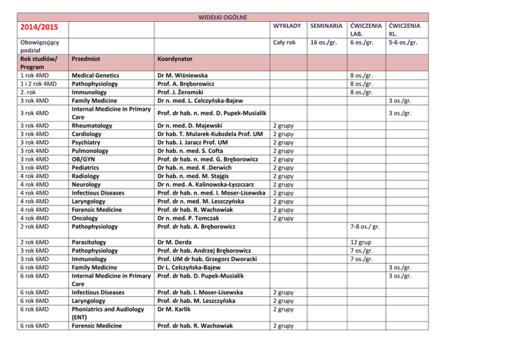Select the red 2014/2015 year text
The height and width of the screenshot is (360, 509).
point(36,27)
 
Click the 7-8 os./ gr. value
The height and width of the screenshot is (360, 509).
point(366,228)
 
